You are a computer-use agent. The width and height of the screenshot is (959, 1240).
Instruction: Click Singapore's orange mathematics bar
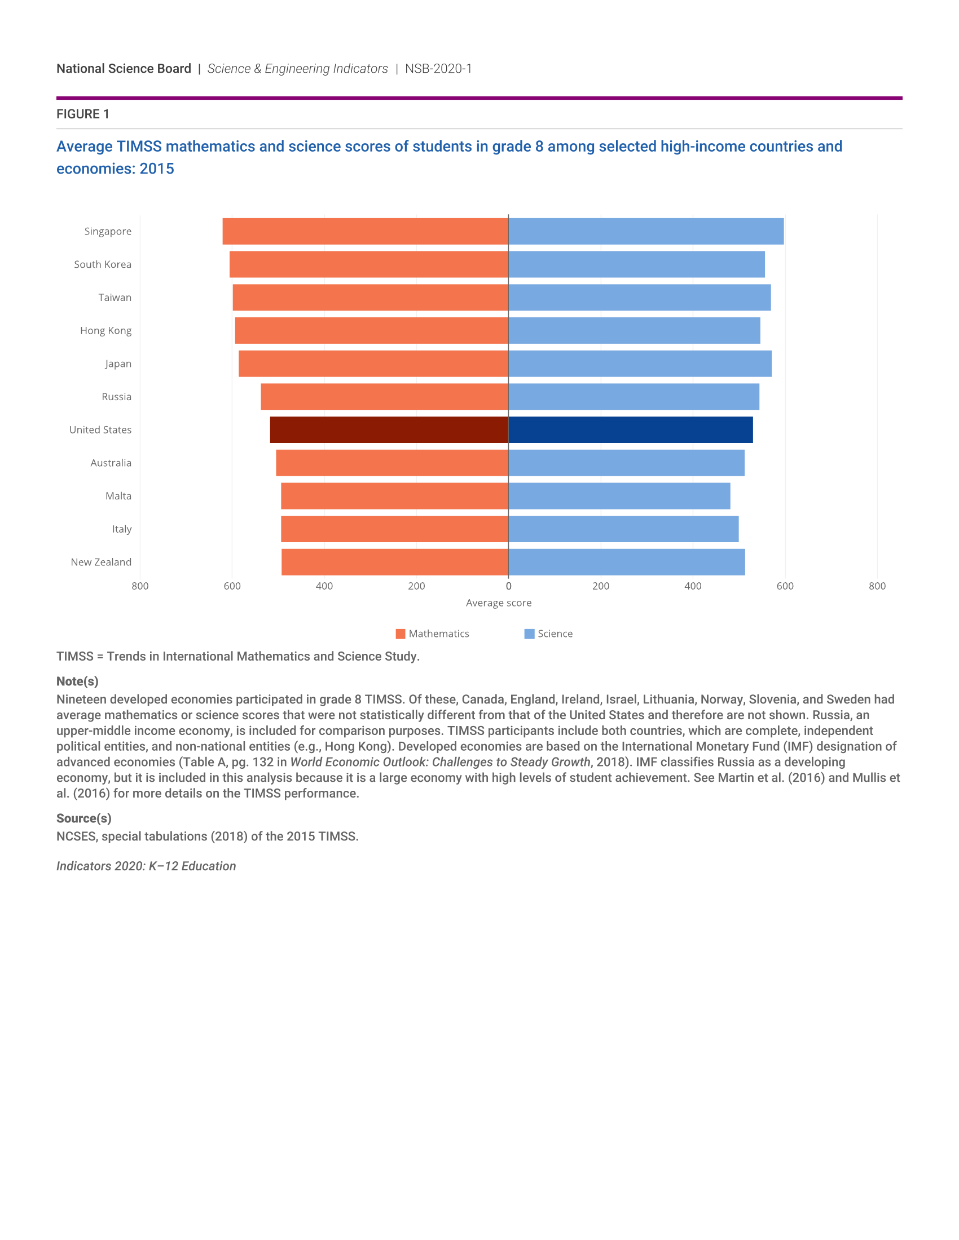[x=366, y=231]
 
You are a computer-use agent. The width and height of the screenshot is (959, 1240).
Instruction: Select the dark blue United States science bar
[x=631, y=430]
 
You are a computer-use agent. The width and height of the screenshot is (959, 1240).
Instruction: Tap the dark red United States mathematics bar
[x=389, y=430]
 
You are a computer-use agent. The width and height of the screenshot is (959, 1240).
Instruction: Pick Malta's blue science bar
[x=619, y=495]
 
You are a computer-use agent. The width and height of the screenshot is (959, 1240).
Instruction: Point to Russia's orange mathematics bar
[x=385, y=396]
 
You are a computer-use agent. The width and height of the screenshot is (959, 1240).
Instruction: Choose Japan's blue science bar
[x=640, y=364]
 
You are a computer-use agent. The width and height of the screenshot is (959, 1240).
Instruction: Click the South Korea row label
[x=103, y=264]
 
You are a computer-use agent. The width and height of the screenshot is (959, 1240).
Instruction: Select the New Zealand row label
[x=101, y=562]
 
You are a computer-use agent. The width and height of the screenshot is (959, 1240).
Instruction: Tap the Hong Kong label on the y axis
[x=105, y=330]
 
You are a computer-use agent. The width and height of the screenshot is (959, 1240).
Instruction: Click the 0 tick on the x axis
[x=508, y=586]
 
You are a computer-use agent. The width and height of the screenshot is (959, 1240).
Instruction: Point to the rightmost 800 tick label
[x=877, y=586]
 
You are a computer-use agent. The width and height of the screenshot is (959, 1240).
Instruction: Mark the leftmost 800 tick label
[x=140, y=586]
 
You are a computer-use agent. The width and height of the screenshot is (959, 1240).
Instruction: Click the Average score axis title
[x=499, y=603]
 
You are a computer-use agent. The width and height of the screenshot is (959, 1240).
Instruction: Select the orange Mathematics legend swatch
[x=401, y=634]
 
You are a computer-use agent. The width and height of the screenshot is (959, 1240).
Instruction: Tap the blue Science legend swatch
[x=530, y=634]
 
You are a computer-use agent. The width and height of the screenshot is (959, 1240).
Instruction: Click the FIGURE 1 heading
[x=83, y=114]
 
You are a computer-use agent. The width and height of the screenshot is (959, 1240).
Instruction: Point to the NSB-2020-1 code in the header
[x=438, y=69]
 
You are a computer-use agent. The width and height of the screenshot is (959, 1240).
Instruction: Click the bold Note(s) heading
[x=77, y=681]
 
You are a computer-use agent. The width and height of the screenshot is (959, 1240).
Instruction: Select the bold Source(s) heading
[x=84, y=818]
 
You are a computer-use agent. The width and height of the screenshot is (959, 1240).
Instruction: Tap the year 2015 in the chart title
[x=157, y=169]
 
